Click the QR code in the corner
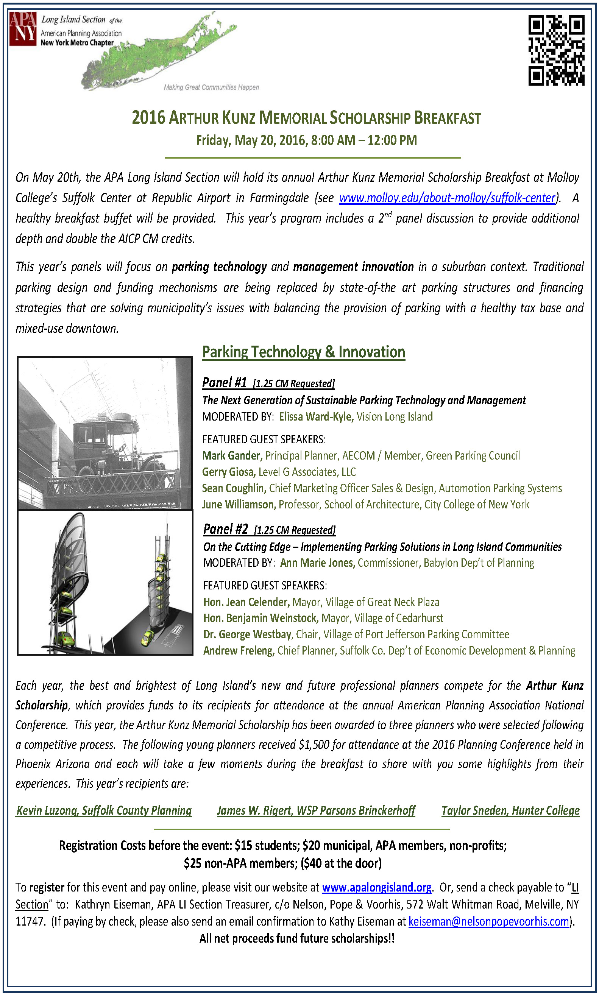[556, 50]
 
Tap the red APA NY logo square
[23, 29]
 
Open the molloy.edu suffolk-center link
[447, 198]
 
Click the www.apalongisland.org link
[377, 887]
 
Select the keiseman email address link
[489, 922]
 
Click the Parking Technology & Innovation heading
[304, 352]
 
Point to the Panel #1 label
[225, 382]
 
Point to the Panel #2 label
[226, 529]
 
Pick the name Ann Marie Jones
[318, 563]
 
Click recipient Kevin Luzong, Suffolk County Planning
[104, 811]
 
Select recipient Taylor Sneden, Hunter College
[510, 811]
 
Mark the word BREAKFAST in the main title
[447, 118]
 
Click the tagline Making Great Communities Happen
[211, 87]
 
